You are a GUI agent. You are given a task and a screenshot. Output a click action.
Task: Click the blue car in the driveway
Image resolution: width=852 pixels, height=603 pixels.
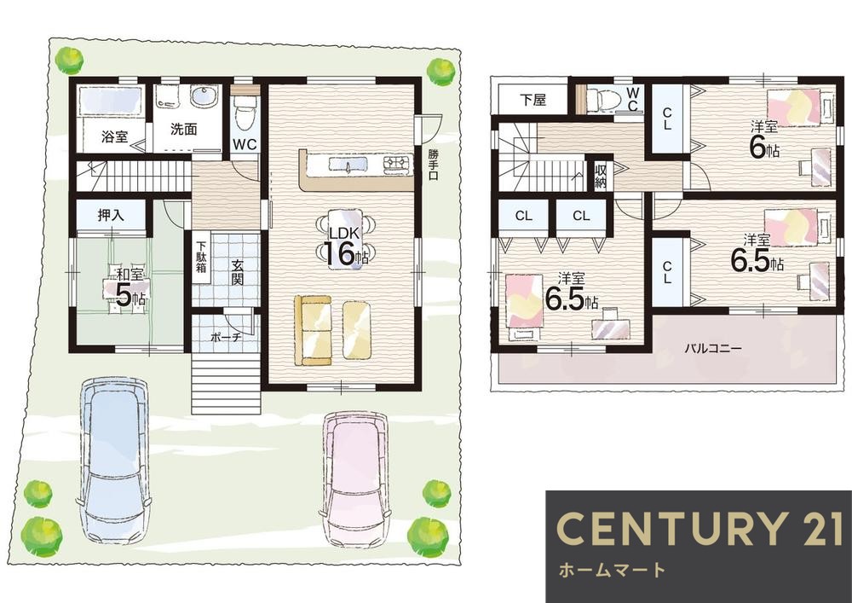113,460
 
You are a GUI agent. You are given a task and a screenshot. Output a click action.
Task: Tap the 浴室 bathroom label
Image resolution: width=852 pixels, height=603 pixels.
115,137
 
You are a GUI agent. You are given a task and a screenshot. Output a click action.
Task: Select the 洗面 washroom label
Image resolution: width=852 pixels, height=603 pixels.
184,130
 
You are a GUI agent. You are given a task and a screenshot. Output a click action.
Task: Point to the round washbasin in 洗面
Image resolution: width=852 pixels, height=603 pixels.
204,96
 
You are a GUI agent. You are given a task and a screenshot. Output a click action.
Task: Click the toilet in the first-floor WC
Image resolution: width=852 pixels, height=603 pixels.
245,113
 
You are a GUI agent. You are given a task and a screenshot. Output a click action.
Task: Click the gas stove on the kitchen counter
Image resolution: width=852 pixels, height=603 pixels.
397,163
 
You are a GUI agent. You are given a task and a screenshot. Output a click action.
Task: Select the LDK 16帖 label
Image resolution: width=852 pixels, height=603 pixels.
344,246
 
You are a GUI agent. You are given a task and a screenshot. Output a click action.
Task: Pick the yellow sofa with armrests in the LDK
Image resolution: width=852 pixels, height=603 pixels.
313,330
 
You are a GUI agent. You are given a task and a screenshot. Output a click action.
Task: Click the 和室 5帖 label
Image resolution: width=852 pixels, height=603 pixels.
127,287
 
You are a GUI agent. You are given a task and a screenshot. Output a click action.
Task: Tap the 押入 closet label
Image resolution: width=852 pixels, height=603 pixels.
111,215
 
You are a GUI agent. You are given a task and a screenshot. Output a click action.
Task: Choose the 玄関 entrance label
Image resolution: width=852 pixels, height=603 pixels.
237,272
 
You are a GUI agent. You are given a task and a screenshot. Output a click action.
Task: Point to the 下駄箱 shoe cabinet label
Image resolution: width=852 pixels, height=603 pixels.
202,256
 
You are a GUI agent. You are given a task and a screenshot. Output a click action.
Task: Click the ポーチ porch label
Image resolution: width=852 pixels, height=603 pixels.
226,337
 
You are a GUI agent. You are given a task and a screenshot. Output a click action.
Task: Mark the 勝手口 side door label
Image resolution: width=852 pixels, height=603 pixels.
432,164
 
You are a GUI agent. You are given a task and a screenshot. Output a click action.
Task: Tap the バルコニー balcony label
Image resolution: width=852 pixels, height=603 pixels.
713,348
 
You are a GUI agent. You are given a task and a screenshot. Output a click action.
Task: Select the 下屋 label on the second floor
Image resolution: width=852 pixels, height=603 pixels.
532,100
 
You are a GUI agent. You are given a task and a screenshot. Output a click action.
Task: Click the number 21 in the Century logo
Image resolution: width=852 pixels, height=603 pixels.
817,528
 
